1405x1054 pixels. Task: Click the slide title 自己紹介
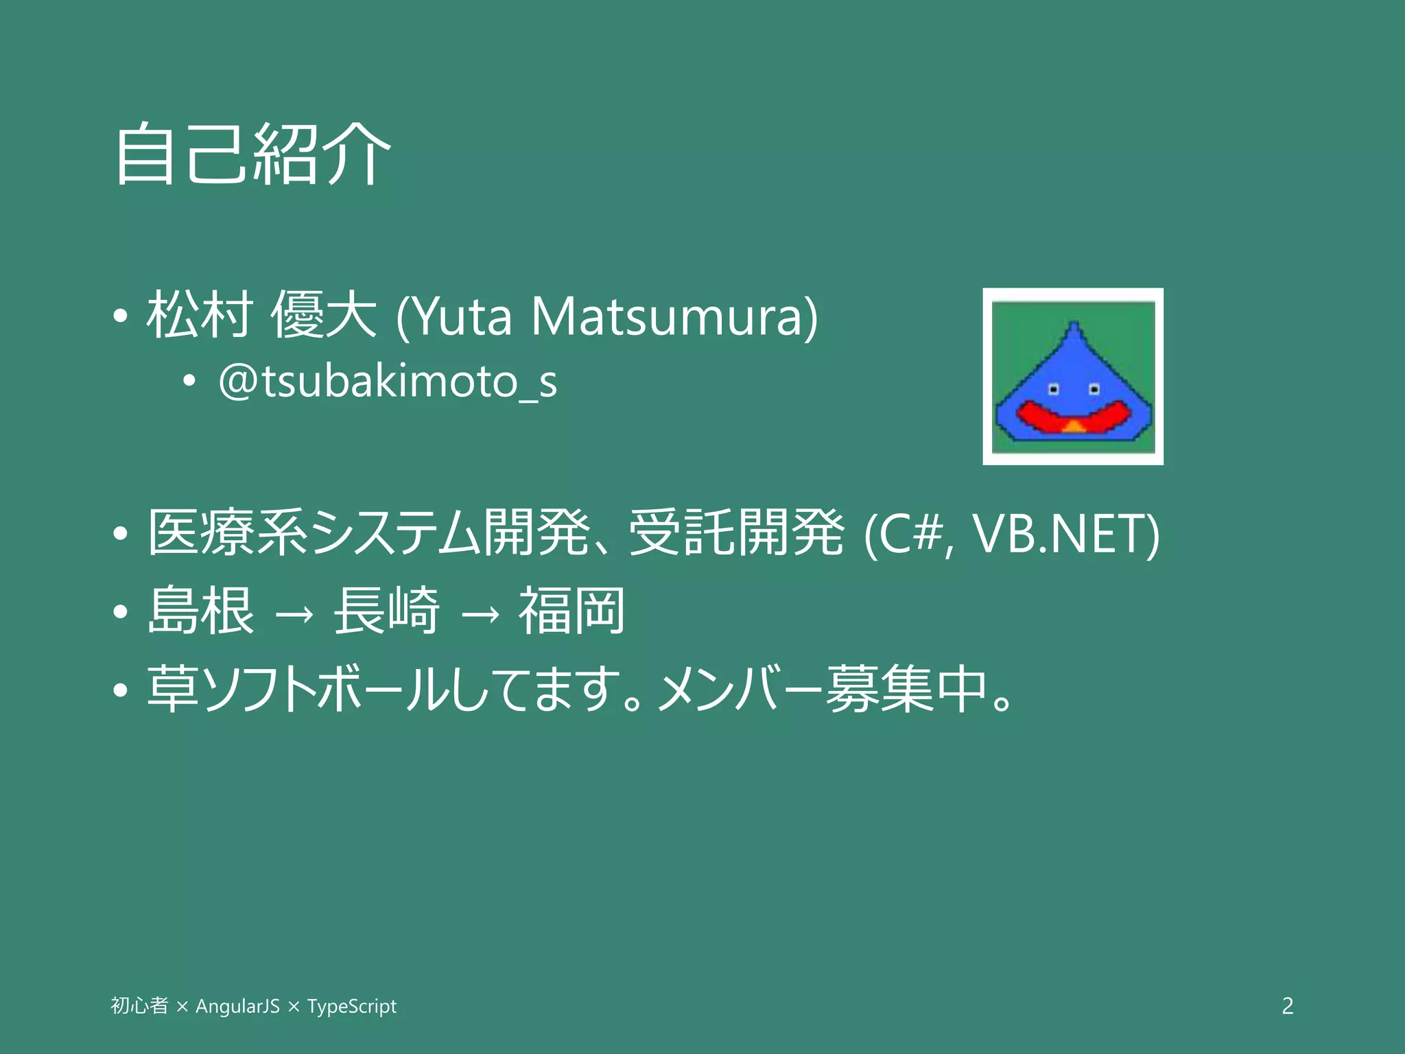(x=252, y=154)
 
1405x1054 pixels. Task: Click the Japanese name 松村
(x=200, y=315)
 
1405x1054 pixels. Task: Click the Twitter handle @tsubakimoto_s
(x=388, y=382)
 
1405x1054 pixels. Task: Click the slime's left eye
(x=1054, y=390)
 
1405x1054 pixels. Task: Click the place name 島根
(x=201, y=611)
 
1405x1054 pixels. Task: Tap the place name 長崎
(x=386, y=611)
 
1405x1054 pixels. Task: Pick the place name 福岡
(x=571, y=611)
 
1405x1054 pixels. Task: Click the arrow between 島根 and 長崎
(x=294, y=613)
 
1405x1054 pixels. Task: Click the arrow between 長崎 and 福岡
(x=480, y=613)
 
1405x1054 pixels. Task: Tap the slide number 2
(x=1287, y=1006)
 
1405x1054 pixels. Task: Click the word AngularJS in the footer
(x=237, y=1006)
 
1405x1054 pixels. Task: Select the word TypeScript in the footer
(x=351, y=1006)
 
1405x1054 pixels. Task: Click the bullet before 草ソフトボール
(x=121, y=690)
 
